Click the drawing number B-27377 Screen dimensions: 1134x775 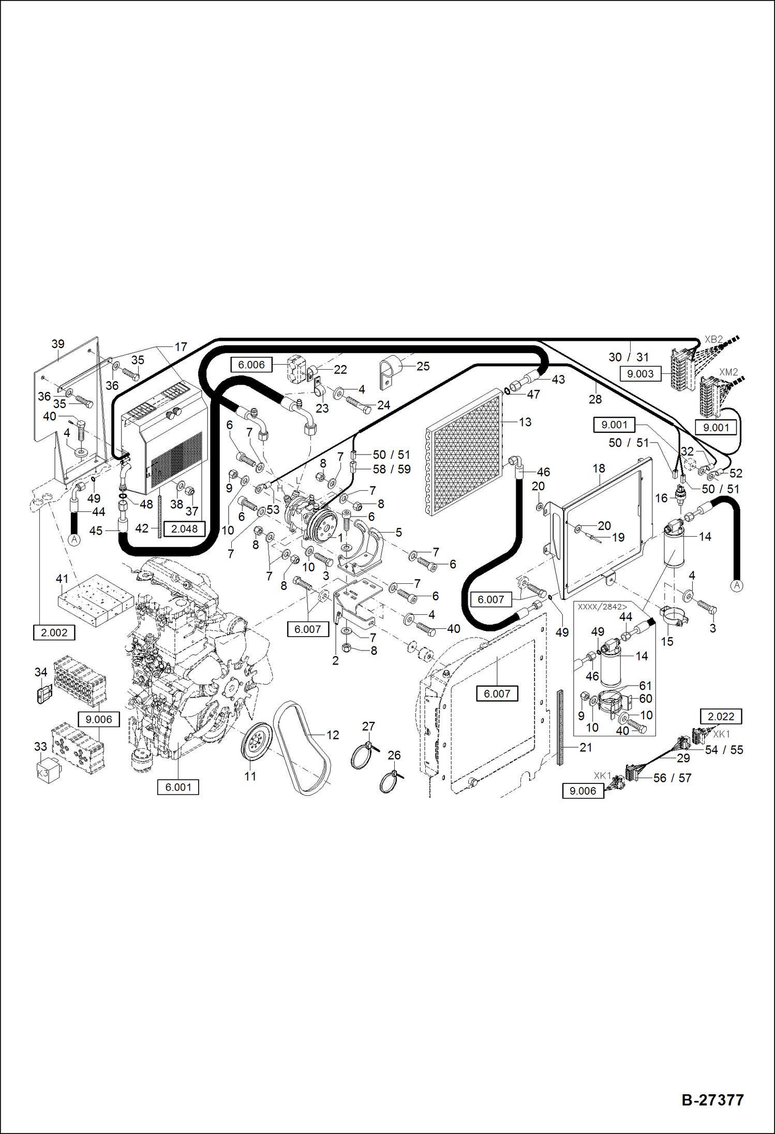coord(712,1100)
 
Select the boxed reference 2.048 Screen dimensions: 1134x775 coord(184,529)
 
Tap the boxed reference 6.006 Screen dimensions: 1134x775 coord(251,365)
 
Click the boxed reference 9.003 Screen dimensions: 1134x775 coord(640,374)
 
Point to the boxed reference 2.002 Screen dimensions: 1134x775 coord(54,632)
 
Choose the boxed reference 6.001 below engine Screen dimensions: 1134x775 coord(178,787)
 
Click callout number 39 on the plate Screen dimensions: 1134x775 coord(58,344)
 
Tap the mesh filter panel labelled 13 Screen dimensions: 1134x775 coord(466,452)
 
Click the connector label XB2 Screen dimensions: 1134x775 coord(713,340)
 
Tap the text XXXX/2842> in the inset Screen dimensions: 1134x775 coord(602,607)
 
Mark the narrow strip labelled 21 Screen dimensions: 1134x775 coord(560,727)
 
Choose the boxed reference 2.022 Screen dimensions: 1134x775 coord(721,716)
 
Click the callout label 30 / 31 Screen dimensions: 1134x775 coord(629,357)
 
